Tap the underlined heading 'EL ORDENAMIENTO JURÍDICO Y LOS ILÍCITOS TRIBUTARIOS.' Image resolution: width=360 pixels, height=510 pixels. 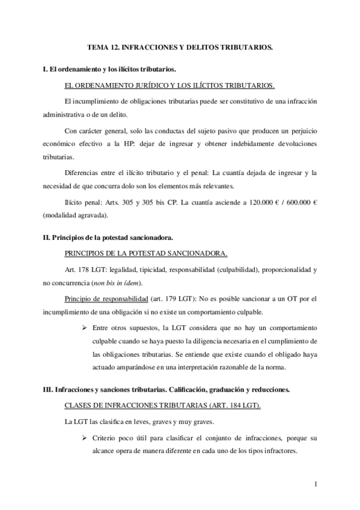pos(170,86)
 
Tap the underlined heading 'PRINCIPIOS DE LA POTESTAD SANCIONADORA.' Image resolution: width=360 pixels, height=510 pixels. pos(145,253)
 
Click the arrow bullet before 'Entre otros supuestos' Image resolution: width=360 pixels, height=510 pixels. pos(86,328)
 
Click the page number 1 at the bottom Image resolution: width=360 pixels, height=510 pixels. pos(315,483)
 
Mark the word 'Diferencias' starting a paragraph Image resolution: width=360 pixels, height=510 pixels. pos(82,173)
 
